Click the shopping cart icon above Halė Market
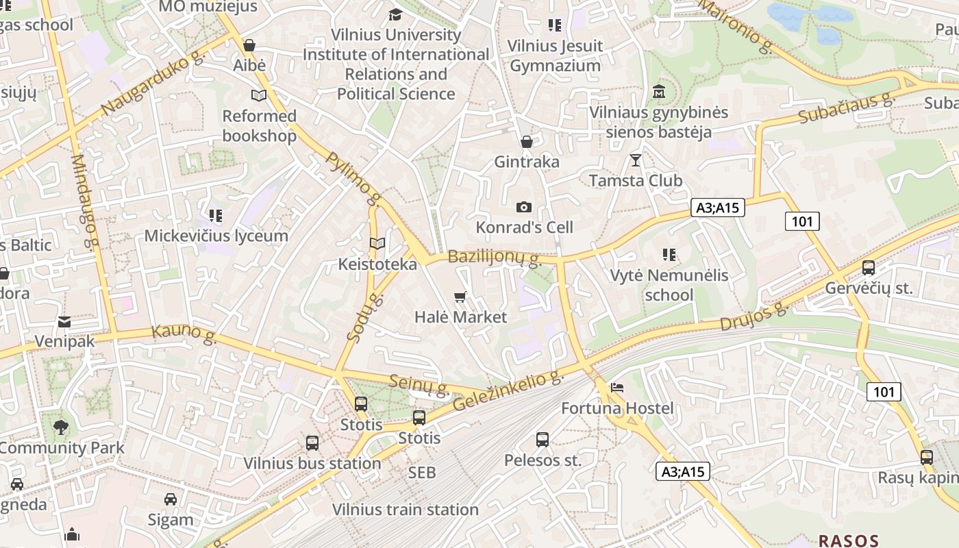460,297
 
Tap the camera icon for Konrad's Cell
524,207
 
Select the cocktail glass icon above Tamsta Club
636,160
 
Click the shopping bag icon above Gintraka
527,142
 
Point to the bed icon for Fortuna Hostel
617,388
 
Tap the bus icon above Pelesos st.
543,439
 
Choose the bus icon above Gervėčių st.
869,268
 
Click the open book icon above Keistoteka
377,243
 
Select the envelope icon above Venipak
64,321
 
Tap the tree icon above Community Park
61,427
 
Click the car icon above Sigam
171,499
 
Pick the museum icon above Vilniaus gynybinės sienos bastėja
659,91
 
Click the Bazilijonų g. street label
494,258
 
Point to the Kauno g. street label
184,333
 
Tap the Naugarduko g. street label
152,84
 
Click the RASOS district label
848,540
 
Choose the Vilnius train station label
406,510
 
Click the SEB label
422,472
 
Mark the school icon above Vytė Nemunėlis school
669,255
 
